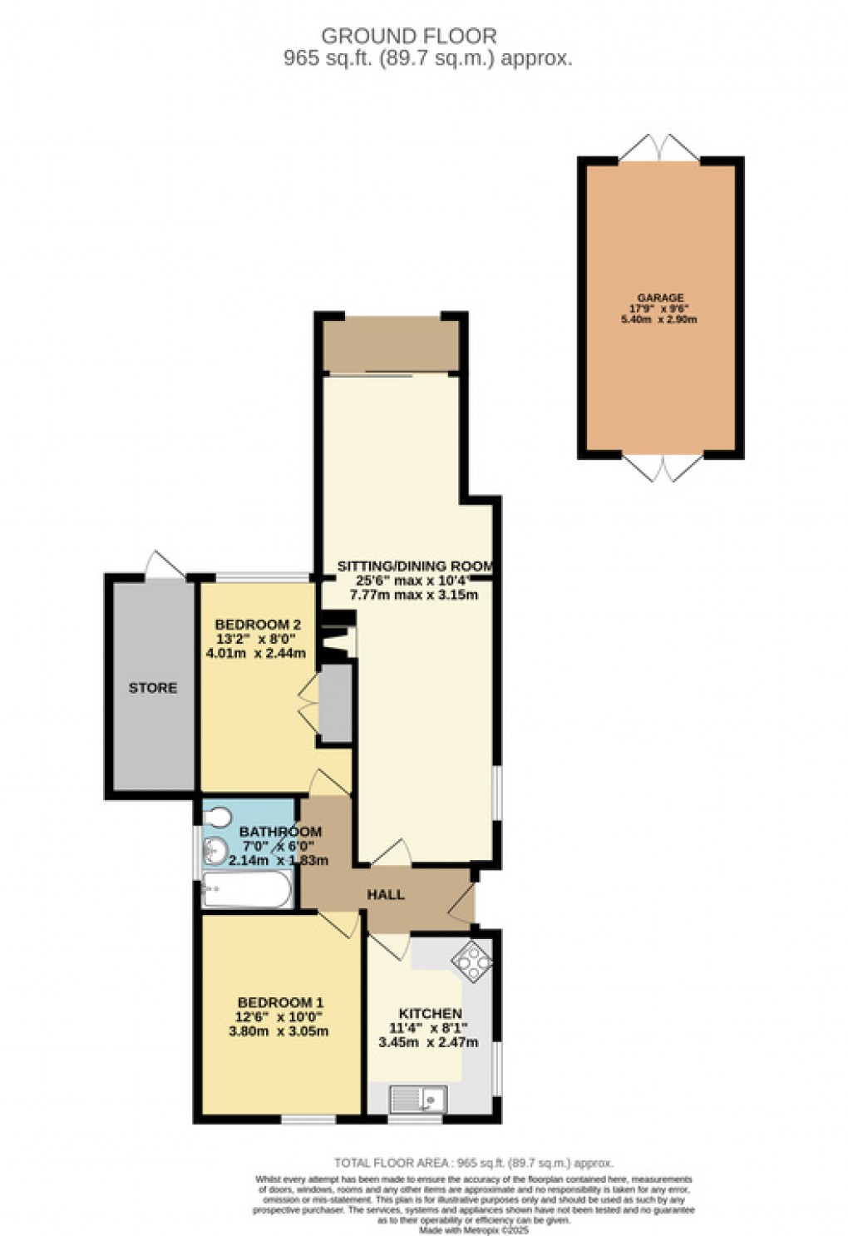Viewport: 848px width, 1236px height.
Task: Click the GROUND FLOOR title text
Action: [x=408, y=37]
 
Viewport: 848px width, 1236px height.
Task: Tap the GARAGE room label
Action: [x=660, y=298]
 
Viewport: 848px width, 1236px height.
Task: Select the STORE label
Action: [x=152, y=688]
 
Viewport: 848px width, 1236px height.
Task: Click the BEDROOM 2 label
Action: [x=257, y=625]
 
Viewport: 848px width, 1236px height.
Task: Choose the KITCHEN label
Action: [x=430, y=1014]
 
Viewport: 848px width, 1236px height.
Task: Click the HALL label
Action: [x=386, y=895]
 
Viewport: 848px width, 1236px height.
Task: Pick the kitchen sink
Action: [x=418, y=1099]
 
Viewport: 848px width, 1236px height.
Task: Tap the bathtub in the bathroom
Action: [x=247, y=891]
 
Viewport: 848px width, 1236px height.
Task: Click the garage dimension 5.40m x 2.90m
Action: [x=660, y=319]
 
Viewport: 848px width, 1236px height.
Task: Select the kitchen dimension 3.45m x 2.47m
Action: [x=427, y=1042]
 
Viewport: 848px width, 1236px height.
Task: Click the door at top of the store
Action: [x=165, y=565]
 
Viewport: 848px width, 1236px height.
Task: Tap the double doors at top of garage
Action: [x=660, y=147]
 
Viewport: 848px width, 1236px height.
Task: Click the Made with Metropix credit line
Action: [x=473, y=1229]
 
